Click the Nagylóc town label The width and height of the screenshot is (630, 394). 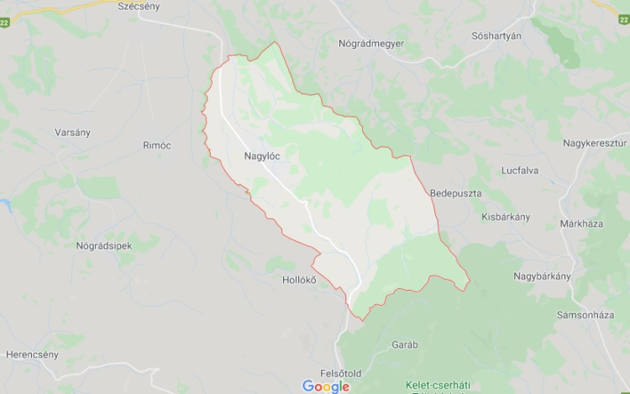261,155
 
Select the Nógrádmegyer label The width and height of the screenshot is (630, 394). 371,43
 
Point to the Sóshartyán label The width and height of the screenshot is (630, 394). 496,35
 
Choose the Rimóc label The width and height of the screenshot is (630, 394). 157,145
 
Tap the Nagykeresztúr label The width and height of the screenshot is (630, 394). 595,143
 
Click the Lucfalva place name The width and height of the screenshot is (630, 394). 520,171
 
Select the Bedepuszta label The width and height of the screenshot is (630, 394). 455,193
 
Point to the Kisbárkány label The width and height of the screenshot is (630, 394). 506,217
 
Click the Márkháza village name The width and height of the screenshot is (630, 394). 581,224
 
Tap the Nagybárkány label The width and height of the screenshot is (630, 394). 543,276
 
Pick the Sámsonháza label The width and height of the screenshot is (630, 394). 586,314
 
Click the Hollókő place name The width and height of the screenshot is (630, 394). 299,281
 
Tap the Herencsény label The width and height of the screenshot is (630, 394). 33,355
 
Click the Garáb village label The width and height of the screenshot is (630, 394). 405,344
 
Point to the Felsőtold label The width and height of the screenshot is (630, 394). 341,373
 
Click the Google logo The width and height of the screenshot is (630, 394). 326,386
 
